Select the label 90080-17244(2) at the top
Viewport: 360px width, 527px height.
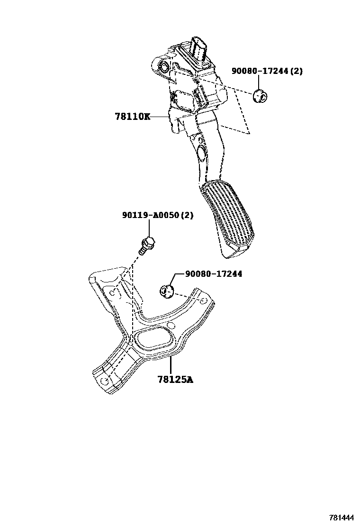[267, 71]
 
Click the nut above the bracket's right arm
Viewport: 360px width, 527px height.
[167, 290]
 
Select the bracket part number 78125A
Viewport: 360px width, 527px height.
[175, 379]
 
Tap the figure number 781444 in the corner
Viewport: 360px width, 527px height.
[342, 517]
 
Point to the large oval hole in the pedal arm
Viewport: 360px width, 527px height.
[200, 153]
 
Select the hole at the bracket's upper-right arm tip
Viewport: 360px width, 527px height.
[203, 301]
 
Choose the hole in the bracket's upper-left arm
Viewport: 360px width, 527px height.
[112, 293]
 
